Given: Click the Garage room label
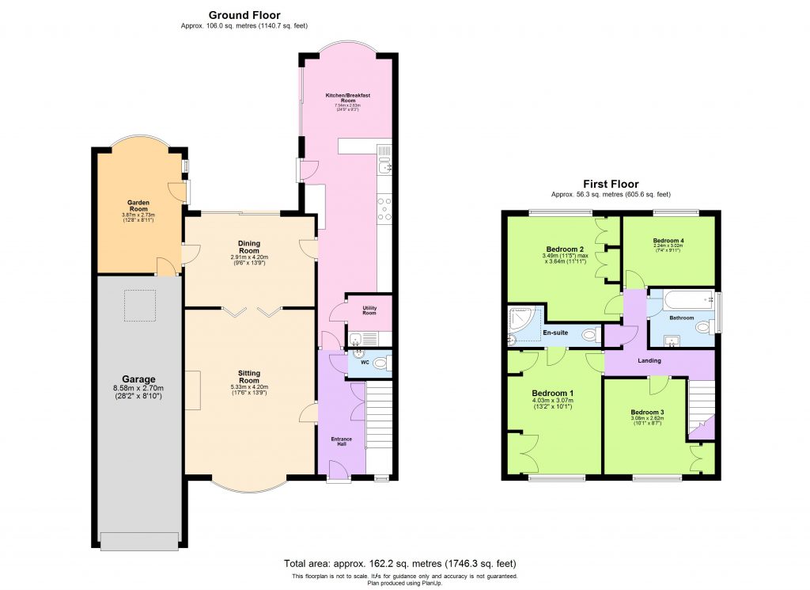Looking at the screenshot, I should click(138, 379).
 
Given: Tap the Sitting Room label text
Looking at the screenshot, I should click(249, 376).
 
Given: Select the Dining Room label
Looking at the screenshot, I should click(249, 247).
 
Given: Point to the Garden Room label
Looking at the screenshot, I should click(139, 205).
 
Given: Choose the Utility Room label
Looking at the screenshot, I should click(369, 310).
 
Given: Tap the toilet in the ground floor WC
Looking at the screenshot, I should click(380, 363).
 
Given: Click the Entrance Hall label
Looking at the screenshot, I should click(342, 441).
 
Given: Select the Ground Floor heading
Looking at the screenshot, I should click(244, 15).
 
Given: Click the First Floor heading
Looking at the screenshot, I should click(611, 184).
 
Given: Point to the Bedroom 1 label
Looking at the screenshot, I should click(553, 393).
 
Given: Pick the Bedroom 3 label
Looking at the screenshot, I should click(647, 412).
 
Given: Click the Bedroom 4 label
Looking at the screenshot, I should click(668, 241).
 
